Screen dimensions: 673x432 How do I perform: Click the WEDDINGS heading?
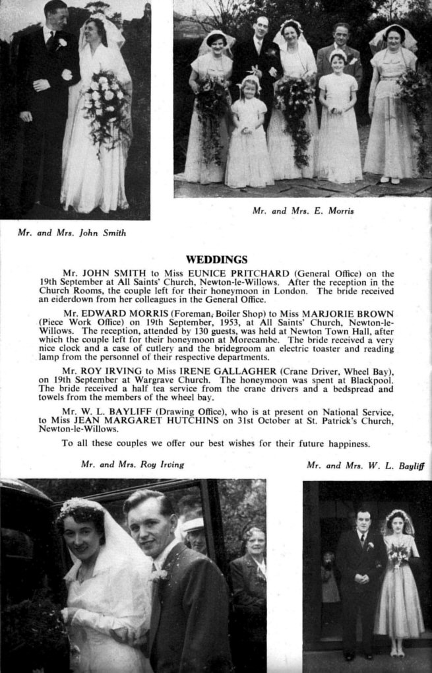[216, 259]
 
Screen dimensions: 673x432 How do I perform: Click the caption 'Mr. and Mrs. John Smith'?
[72, 233]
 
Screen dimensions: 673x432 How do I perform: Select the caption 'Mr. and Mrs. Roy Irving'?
[132, 465]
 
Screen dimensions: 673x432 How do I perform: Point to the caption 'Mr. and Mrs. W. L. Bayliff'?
[365, 465]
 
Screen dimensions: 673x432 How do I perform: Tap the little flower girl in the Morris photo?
[249, 132]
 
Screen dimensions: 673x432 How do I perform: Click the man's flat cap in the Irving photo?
[193, 524]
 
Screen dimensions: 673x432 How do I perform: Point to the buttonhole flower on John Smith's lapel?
[62, 44]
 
